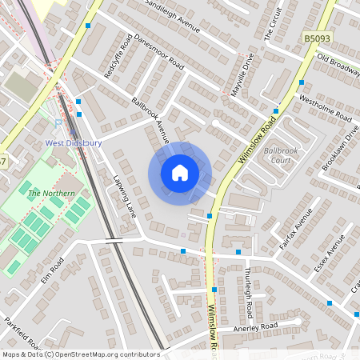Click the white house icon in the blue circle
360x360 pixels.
click(180, 172)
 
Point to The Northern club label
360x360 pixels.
click(45, 194)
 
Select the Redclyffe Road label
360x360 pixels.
click(118, 57)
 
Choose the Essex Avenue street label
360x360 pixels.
click(329, 254)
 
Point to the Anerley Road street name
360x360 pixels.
click(254, 326)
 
